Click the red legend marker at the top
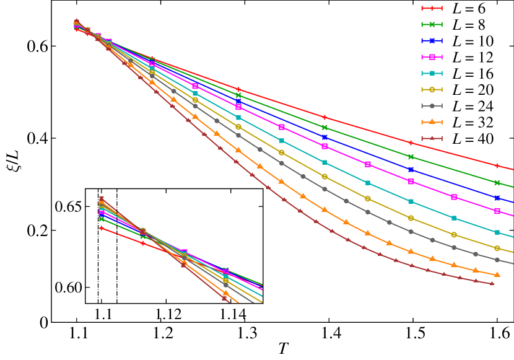coord(432,8)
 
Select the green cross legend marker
coord(432,24)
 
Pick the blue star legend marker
coord(432,41)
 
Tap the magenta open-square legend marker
coord(432,57)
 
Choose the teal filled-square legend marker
coord(432,73)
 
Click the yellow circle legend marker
coord(432,90)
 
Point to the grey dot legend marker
coord(432,106)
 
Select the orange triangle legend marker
coord(432,122)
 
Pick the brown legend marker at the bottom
coord(432,138)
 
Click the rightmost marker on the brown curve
coord(492,283)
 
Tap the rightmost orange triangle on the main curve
coord(497,274)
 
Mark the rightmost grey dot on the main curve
coord(497,260)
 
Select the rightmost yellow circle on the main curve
coord(497,248)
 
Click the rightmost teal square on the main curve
coord(497,232)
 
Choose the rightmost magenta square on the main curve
coord(497,211)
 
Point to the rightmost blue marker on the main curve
coord(497,198)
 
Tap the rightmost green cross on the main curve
coord(497,182)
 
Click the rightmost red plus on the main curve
coord(497,165)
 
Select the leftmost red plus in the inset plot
coord(102,228)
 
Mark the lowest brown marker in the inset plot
coord(224,298)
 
